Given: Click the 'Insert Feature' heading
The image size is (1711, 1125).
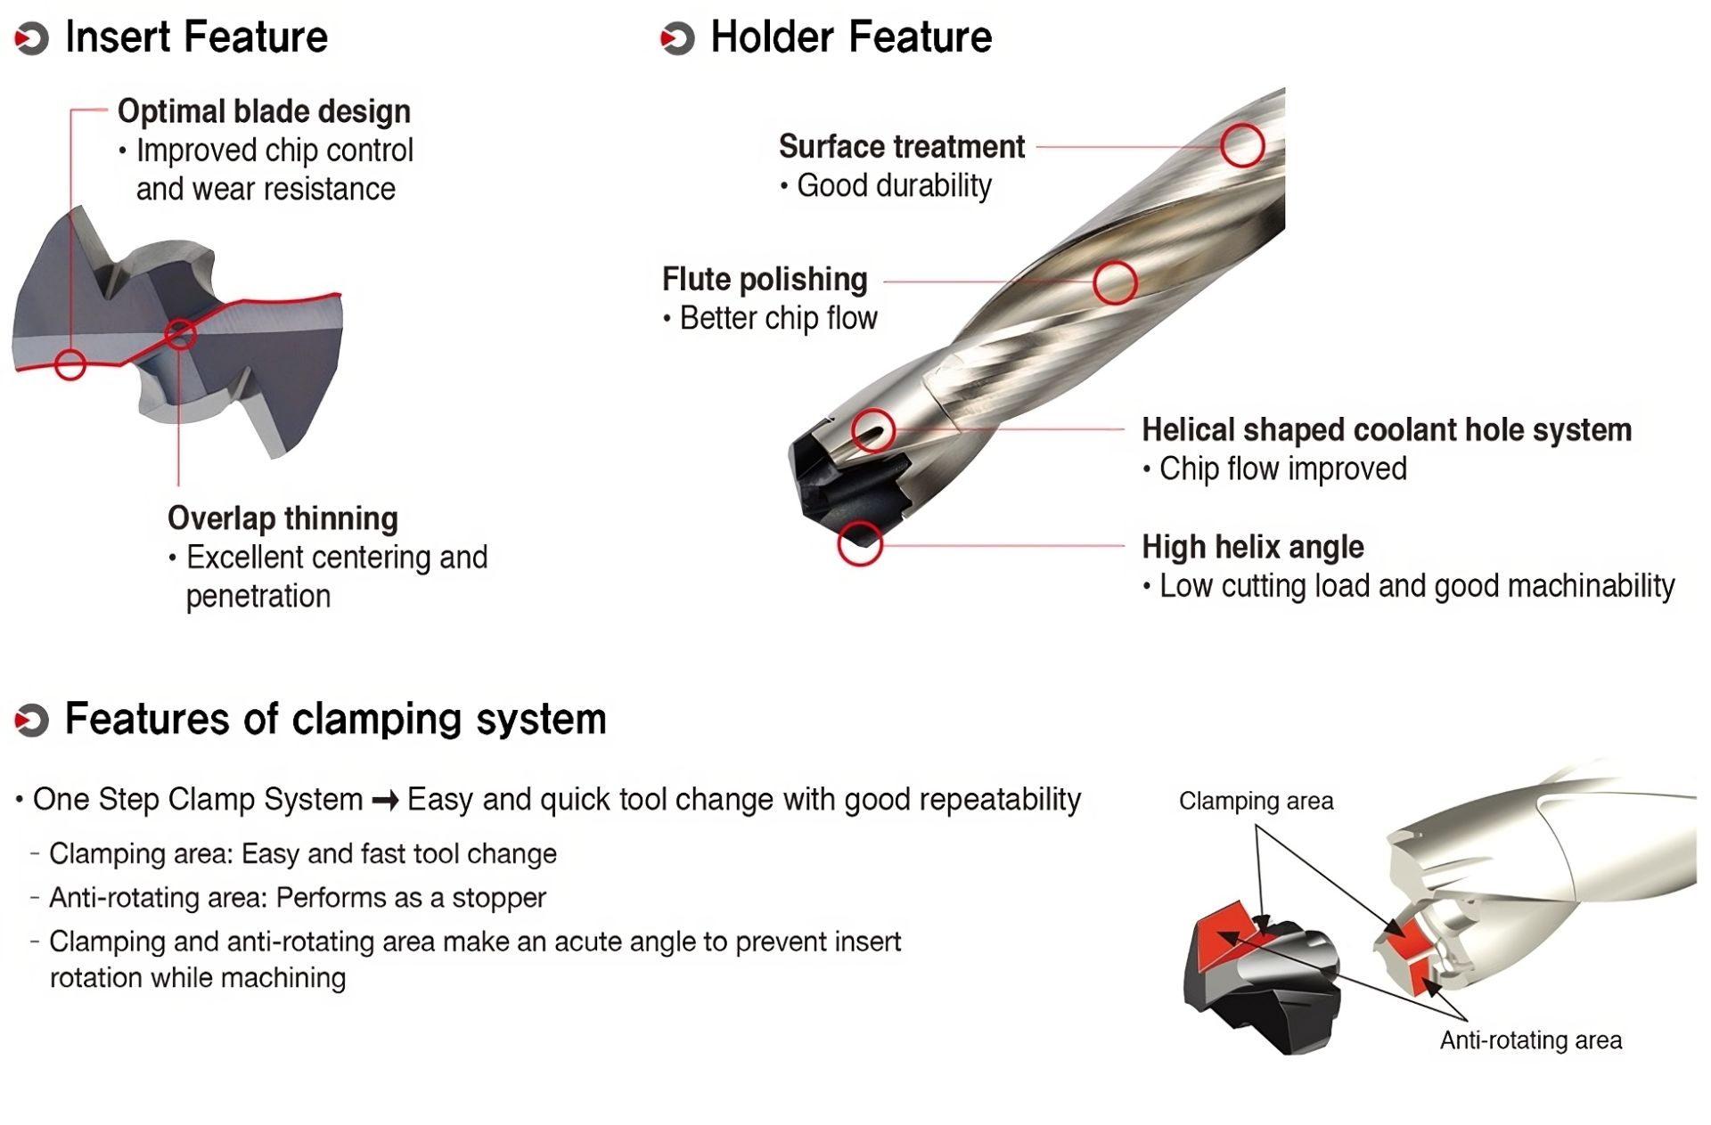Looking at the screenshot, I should pos(196,37).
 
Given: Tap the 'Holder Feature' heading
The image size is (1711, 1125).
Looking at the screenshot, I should pos(850,37).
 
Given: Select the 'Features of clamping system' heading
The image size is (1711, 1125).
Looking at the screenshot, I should pos(335,719).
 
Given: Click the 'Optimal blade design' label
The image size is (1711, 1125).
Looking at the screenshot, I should pos(264,111).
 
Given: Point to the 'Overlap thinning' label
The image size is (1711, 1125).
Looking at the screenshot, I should pos(282,518).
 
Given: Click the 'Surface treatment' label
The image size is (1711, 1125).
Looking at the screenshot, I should pos(901,147).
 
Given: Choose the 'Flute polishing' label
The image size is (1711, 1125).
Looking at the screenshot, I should pos(764,280).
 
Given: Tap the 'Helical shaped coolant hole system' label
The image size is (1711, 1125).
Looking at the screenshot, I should pos(1386,430).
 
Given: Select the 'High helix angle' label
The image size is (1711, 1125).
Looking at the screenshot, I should pos(1252,547).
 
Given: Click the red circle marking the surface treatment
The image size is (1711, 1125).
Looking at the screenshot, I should pos(1242,145).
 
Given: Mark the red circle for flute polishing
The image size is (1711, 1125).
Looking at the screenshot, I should pos(1114,283).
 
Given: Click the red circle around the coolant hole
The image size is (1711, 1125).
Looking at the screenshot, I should pos(872,431).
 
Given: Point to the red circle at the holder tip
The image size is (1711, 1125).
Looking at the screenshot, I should pos(860,543).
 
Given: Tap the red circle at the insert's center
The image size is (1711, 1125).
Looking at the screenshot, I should pos(180,335).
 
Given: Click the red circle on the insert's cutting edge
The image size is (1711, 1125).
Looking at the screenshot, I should pos(70,364).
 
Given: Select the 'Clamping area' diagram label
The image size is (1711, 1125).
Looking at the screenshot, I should pos(1256,802).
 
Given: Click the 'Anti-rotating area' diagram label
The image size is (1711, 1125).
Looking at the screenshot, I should pos(1530,1040).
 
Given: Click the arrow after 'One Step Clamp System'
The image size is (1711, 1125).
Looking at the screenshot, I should pos(385,801).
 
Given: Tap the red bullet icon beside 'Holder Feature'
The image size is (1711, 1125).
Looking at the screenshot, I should pos(677,38).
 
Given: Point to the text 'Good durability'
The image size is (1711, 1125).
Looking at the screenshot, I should pos(893,186).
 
